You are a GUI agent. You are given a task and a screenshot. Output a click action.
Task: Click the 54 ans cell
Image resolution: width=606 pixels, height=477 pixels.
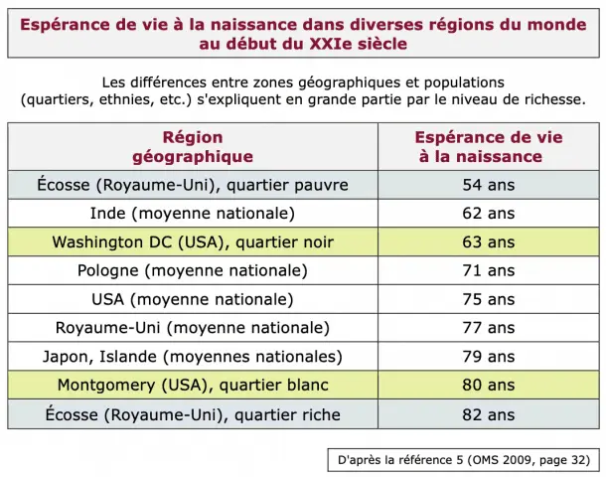click(489, 185)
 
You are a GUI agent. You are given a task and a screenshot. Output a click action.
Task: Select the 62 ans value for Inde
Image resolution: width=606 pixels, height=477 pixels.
click(489, 214)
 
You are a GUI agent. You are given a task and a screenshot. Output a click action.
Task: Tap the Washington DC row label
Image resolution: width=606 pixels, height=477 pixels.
click(193, 242)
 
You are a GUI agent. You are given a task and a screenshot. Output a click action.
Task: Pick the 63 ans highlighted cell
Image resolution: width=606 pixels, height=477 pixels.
click(489, 242)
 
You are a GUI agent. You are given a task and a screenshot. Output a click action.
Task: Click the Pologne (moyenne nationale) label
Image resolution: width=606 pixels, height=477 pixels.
click(193, 270)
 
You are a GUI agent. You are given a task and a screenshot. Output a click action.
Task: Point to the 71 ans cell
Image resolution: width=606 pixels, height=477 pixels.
click(489, 270)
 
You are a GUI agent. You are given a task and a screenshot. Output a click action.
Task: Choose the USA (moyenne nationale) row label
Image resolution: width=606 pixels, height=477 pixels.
click(193, 299)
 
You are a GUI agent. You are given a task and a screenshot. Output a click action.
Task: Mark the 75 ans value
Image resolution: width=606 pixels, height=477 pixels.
click(489, 299)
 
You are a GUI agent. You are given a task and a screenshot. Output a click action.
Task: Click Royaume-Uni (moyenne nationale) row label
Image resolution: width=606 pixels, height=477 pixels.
click(193, 328)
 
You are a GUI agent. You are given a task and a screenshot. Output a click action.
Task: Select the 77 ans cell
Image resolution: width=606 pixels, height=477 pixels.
click(489, 328)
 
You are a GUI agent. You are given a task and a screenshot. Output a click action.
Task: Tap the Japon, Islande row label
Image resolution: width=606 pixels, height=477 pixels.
click(193, 357)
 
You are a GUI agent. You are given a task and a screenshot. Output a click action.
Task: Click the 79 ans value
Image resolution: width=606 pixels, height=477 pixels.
click(489, 357)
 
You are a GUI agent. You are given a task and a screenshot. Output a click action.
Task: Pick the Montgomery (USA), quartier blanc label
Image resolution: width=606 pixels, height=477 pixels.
click(193, 385)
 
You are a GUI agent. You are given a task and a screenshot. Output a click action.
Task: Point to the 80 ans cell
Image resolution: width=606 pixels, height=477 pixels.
click(489, 385)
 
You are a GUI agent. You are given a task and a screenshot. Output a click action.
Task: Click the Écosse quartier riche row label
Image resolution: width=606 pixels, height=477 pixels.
click(193, 414)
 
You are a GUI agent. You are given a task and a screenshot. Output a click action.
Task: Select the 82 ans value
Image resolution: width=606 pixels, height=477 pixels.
click(489, 414)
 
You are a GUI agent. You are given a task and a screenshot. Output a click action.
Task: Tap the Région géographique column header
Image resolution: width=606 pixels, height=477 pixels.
click(193, 147)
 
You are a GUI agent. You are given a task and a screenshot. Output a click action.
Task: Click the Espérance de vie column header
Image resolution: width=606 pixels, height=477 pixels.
click(489, 147)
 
